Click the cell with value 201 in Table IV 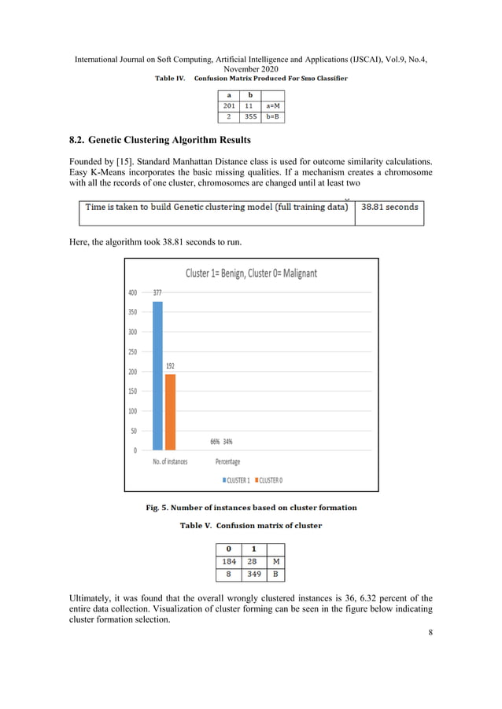pyautogui.click(x=229, y=105)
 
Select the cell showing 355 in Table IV pyautogui.click(x=251, y=117)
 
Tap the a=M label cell pyautogui.click(x=273, y=105)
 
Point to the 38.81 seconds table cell pyautogui.click(x=389, y=208)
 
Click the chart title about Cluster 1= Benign pyautogui.click(x=251, y=274)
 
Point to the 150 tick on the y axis pyautogui.click(x=131, y=391)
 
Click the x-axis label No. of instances pyautogui.click(x=170, y=461)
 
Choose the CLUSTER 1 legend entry pyautogui.click(x=235, y=479)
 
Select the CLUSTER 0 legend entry pyautogui.click(x=268, y=479)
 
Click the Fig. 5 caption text pyautogui.click(x=251, y=508)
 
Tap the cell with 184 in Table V pyautogui.click(x=228, y=562)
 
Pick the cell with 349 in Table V pyautogui.click(x=254, y=575)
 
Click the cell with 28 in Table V pyautogui.click(x=254, y=562)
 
